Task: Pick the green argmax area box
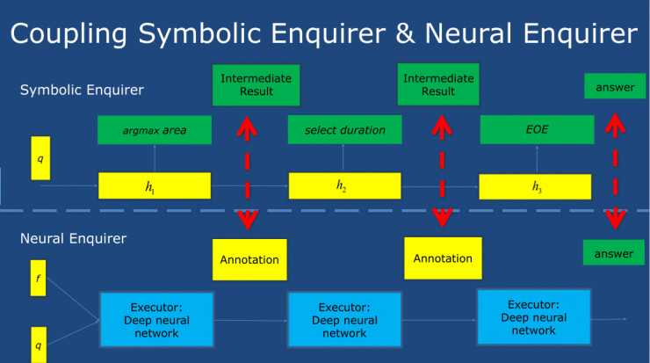pyautogui.click(x=154, y=130)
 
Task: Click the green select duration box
pyautogui.click(x=344, y=130)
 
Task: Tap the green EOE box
pyautogui.click(x=535, y=130)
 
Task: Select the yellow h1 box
pyautogui.click(x=155, y=186)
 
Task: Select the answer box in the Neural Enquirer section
pyautogui.click(x=613, y=253)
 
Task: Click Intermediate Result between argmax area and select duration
pyautogui.click(x=249, y=85)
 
